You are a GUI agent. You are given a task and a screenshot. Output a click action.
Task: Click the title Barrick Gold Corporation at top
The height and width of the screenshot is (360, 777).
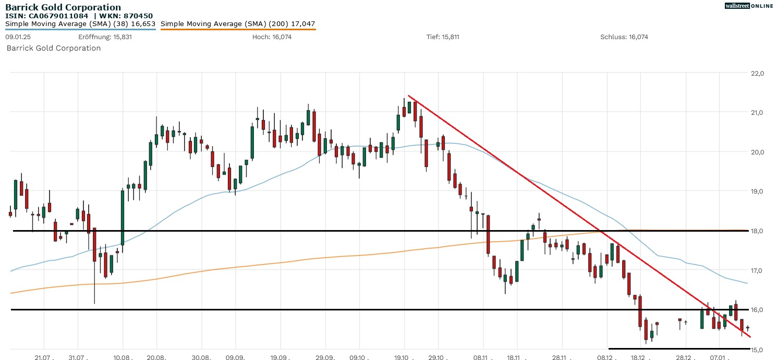pos(63,7)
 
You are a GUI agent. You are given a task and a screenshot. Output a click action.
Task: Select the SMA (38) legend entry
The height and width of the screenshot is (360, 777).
pos(80,24)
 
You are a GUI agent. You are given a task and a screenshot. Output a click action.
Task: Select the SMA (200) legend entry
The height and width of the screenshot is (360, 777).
pos(238,24)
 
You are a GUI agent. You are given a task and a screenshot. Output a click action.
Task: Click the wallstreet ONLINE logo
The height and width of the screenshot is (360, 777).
pos(749,6)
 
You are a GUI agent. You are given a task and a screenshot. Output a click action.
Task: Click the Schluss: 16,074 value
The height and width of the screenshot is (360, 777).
pos(624,37)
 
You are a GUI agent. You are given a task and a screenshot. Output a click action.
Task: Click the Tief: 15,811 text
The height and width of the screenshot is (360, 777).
pos(443,37)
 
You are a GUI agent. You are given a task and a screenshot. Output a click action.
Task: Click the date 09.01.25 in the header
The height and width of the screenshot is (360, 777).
pos(16,37)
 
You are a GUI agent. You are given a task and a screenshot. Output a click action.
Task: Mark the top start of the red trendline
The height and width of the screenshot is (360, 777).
pos(408,95)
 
